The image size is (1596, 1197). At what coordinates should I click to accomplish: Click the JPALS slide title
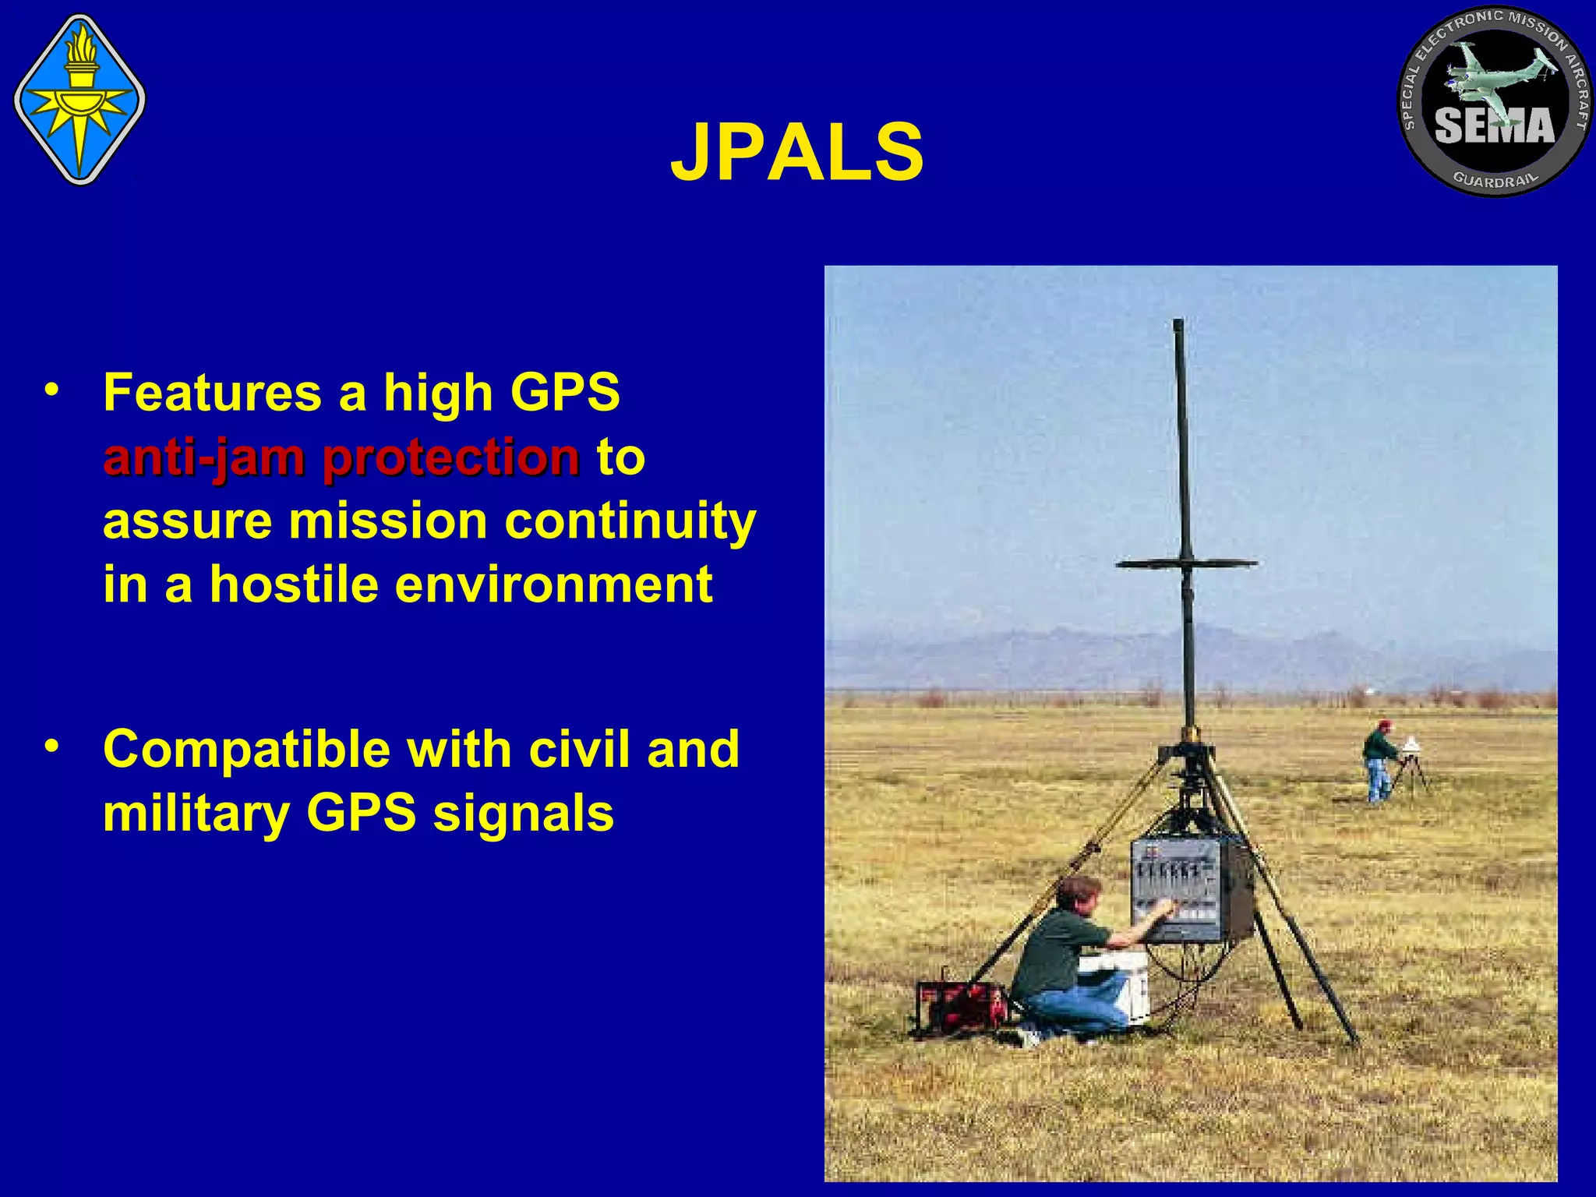796,153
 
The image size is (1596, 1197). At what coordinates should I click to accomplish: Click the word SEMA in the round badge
1494,126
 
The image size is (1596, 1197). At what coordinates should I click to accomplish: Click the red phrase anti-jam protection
341,457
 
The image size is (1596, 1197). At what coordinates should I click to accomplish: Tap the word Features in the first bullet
212,392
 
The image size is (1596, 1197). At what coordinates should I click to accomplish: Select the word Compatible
246,750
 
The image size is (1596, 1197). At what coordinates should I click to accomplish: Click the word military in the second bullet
196,814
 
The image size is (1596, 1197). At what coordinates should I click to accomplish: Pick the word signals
523,814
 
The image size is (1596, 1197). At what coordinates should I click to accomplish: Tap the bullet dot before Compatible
51,747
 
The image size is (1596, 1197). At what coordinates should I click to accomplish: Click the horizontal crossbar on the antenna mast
1185,563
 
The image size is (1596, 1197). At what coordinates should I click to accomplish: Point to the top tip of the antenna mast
1178,323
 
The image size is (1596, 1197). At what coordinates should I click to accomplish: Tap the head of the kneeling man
1079,893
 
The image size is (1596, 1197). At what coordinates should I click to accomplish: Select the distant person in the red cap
1379,758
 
